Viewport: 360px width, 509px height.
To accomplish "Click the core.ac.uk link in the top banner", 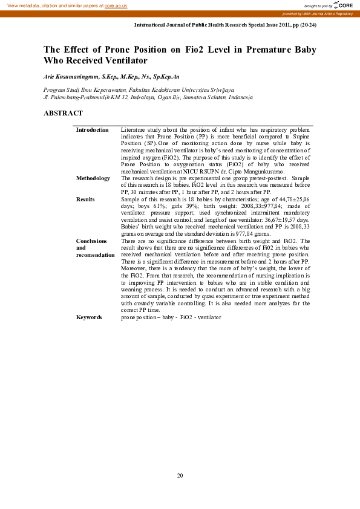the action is point(117,5).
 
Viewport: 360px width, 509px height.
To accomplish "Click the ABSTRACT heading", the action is point(64,113).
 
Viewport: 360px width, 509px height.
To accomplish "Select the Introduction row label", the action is point(92,130).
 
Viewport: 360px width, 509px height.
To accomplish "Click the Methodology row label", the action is point(93,178).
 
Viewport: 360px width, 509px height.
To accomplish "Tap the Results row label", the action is point(85,199).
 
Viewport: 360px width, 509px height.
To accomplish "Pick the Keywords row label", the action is point(90,317).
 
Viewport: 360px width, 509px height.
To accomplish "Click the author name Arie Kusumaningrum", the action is point(70,78).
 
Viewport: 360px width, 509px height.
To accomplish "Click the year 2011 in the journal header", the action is point(272,26).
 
